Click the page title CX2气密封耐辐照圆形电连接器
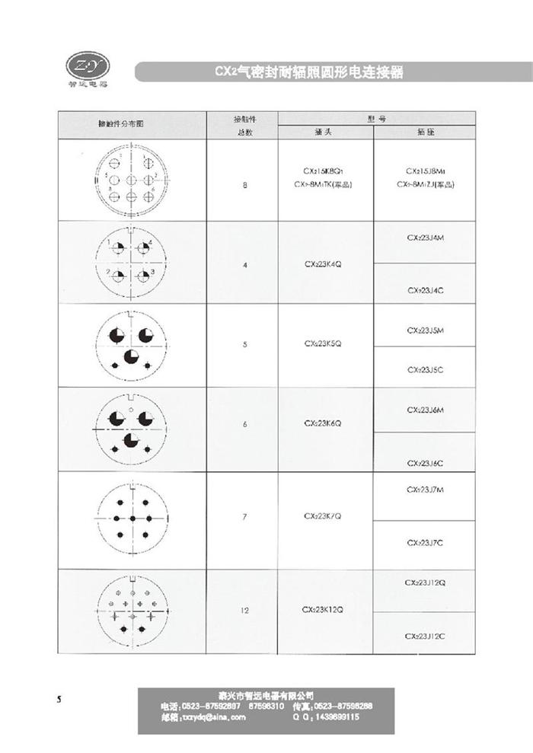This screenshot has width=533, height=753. pyautogui.click(x=308, y=72)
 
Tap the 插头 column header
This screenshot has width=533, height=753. pyautogui.click(x=322, y=131)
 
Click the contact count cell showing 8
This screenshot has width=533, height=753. pyautogui.click(x=244, y=185)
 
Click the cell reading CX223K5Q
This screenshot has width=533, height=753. pyautogui.click(x=322, y=344)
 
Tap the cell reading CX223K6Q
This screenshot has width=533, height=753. pyautogui.click(x=322, y=423)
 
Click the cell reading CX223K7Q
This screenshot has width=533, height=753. pyautogui.click(x=322, y=515)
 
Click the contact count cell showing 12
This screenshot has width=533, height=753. pyautogui.click(x=244, y=610)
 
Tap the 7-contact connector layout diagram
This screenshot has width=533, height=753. pyautogui.click(x=132, y=518)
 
